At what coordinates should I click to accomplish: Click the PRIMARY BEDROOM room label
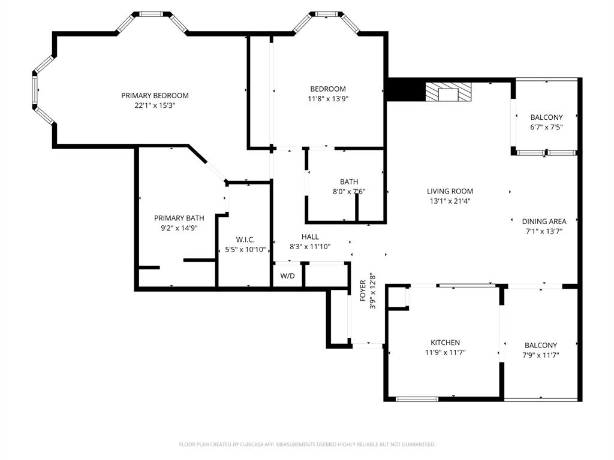point(155,95)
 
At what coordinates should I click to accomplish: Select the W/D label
point(288,276)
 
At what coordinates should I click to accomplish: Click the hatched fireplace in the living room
point(448,93)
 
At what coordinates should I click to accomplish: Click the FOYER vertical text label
point(363,291)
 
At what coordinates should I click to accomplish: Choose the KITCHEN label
point(445,343)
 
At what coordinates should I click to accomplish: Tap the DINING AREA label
point(544,221)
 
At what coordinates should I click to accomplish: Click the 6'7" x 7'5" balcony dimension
point(546,127)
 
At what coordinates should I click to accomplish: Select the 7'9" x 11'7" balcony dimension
point(541,355)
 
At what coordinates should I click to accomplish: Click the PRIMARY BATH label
point(179,218)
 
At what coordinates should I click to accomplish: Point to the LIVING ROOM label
point(450,192)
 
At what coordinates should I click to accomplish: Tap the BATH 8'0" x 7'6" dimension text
point(348,192)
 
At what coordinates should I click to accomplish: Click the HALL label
point(310,237)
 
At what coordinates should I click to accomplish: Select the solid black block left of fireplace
point(404,90)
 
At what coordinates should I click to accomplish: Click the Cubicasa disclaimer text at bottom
point(307,444)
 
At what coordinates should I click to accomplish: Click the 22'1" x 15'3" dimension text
point(155,105)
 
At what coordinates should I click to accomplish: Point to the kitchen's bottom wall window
point(417,399)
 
